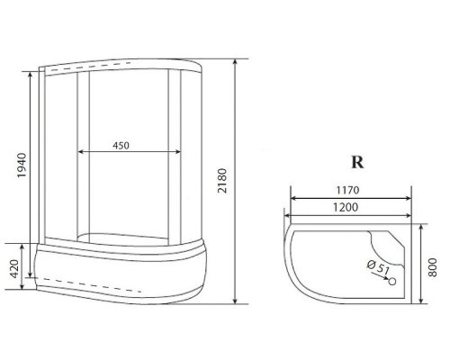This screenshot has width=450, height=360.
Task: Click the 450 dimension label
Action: (121, 146)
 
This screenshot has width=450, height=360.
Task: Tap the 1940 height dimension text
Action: (22, 166)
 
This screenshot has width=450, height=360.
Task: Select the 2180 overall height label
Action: (222, 181)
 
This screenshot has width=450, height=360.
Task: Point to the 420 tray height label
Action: (14, 269)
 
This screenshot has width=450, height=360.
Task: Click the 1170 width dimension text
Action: (347, 190)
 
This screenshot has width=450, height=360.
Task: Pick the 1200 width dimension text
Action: (346, 207)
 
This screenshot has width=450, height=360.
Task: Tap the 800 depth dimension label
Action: (432, 267)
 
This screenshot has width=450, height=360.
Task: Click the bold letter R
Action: (357, 162)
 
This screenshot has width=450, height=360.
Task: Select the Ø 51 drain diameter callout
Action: (378, 266)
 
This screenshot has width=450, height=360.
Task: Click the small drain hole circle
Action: (392, 282)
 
